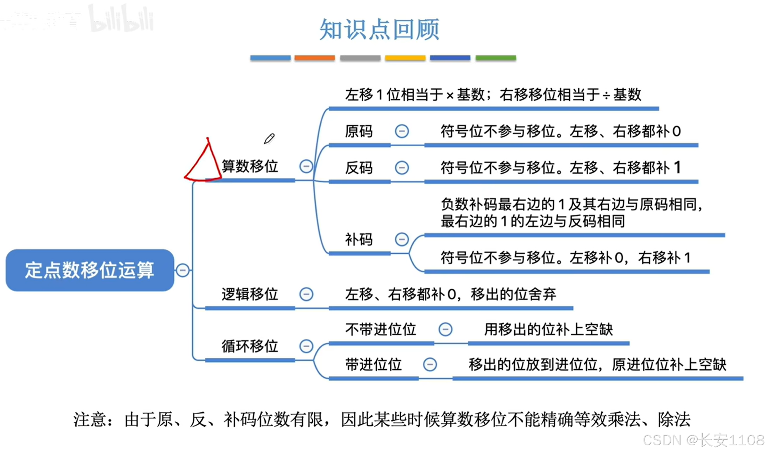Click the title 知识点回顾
tap(379, 30)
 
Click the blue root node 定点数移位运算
tap(90, 270)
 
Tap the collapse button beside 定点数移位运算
tap(183, 270)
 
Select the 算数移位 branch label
tap(250, 166)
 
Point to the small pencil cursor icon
tap(269, 139)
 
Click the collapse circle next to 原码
tap(402, 131)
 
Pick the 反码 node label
tap(359, 168)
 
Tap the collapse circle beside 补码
tap(402, 240)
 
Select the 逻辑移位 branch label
tap(250, 294)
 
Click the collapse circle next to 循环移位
tap(306, 346)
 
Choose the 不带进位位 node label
tap(381, 330)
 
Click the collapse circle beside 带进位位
tap(430, 364)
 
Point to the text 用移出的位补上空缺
tap(548, 330)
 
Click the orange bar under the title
tap(314, 58)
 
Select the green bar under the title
tap(496, 58)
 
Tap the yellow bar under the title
tap(405, 58)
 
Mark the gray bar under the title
tap(360, 58)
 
